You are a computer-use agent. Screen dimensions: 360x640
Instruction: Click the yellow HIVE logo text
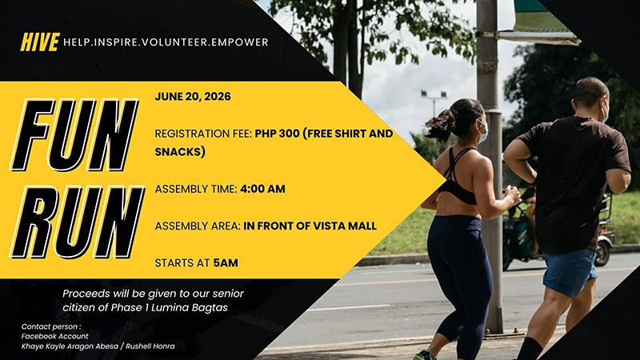tap(40, 42)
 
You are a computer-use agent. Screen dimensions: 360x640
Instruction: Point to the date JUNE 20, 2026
tap(193, 97)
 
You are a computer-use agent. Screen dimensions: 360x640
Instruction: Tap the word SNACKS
tap(181, 152)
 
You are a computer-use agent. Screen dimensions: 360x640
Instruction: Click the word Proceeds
tap(89, 294)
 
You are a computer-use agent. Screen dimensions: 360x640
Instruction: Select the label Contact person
tap(50, 326)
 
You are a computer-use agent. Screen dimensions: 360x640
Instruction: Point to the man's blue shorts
tap(569, 270)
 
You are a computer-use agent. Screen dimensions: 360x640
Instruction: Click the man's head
tap(591, 98)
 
